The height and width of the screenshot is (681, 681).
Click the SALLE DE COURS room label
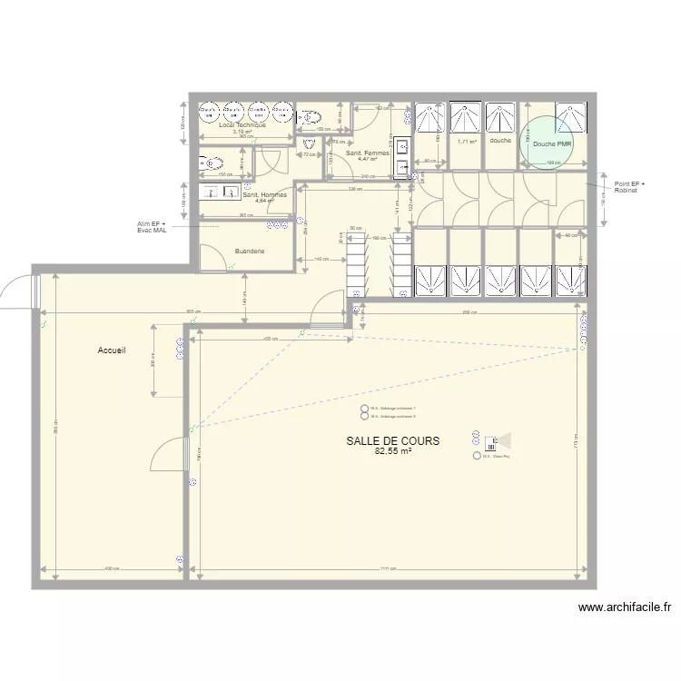pos(392,440)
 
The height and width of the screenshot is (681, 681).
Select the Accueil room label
pos(112,350)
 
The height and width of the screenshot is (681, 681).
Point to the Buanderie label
pos(250,251)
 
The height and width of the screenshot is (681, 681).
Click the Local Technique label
pos(242,124)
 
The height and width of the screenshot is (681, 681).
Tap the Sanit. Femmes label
pos(368,153)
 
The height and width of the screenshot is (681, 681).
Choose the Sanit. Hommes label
pos(264,194)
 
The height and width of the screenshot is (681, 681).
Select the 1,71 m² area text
pos(467,142)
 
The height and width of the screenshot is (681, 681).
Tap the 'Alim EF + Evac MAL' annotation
pos(152,227)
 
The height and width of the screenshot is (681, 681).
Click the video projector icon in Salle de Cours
pos(494,443)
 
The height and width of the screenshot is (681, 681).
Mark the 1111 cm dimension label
pos(388,570)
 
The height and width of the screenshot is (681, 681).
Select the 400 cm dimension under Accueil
pos(112,570)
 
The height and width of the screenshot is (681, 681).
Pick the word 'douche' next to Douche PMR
pos(499,142)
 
